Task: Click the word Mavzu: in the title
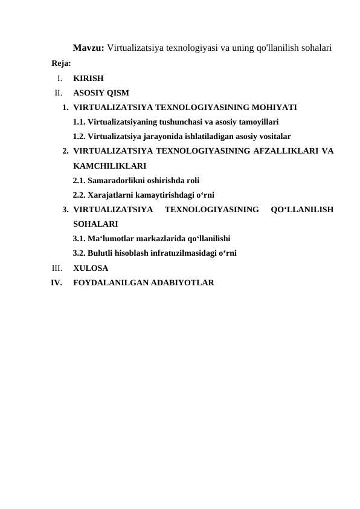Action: click(89, 47)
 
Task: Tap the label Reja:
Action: click(62, 63)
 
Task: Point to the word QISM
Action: click(117, 93)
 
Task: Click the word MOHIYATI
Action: click(268, 108)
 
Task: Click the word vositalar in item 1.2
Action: click(274, 137)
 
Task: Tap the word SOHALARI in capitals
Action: click(95, 224)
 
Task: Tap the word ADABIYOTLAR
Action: click(183, 282)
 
